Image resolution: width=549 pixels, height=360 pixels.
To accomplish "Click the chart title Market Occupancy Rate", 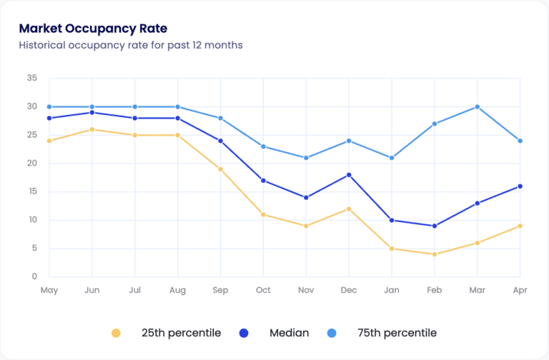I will [93, 29].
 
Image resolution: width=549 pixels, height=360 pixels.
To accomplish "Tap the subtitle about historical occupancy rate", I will [131, 45].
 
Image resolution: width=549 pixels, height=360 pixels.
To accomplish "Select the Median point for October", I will [263, 181].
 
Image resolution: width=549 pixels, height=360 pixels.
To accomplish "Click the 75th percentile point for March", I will [478, 107].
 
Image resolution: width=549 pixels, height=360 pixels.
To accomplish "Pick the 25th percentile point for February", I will [435, 254].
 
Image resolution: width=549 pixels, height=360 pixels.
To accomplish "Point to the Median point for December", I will [349, 175].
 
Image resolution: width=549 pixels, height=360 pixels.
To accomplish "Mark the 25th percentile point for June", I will [91, 129].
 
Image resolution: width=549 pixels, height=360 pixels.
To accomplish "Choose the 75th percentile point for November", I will [306, 158].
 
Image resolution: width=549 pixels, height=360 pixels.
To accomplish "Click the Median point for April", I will [520, 186].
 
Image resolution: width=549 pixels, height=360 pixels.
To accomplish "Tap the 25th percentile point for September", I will [220, 169].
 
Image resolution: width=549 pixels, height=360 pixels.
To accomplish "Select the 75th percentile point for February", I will [435, 124].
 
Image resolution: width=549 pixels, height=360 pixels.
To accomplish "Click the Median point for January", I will [392, 220].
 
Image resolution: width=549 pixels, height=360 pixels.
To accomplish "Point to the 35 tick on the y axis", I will [31, 78].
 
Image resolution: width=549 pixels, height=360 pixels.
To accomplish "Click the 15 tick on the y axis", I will [31, 191].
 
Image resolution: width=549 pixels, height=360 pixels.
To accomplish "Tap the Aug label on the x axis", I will [177, 291].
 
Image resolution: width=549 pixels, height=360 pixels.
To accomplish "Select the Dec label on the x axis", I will [349, 291].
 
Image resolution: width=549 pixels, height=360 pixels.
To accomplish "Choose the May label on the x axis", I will [49, 291].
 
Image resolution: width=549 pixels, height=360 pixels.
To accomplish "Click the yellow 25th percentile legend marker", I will [117, 333].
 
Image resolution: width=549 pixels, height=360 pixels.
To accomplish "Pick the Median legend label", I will [289, 333].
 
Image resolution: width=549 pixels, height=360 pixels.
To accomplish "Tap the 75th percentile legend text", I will [397, 333].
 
